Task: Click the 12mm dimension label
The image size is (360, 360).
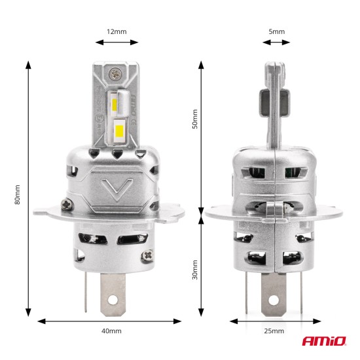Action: (117, 31)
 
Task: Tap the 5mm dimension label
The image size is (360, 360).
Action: (276, 31)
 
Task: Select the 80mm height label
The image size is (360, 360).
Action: (17, 194)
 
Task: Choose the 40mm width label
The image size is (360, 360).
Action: (112, 331)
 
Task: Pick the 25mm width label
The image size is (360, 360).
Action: (275, 331)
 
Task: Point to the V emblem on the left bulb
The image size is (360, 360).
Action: (117, 190)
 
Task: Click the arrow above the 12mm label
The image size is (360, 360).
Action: (117, 43)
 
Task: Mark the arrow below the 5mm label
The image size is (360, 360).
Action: (276, 43)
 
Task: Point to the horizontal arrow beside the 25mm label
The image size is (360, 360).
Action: (275, 321)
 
